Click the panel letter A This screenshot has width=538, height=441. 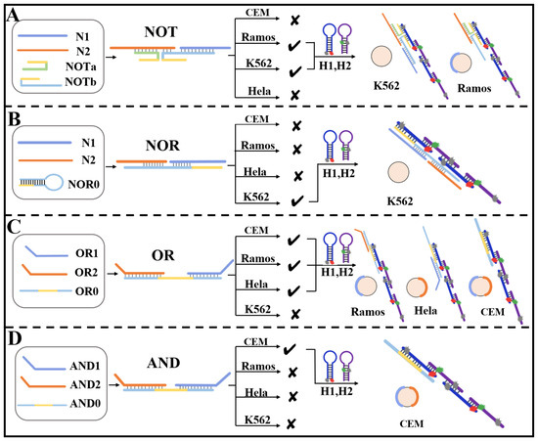coord(14,14)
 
